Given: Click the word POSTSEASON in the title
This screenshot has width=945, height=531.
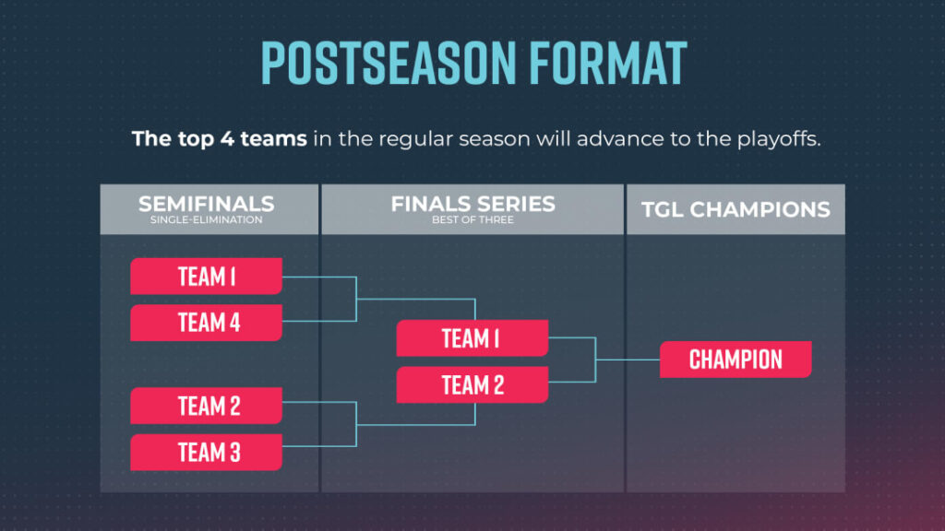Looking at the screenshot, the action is pyautogui.click(x=389, y=63).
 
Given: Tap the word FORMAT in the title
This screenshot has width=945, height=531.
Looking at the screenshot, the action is pyautogui.click(x=608, y=63).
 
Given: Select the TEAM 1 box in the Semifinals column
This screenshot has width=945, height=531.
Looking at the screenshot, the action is pyautogui.click(x=206, y=277).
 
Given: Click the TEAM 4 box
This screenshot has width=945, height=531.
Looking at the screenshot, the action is pyautogui.click(x=206, y=323).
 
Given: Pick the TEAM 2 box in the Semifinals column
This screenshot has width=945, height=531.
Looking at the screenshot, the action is pyautogui.click(x=206, y=406).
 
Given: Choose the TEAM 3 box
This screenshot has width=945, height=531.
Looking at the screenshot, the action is pyautogui.click(x=206, y=452).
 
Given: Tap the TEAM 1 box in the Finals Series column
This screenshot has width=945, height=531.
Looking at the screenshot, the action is pyautogui.click(x=472, y=337).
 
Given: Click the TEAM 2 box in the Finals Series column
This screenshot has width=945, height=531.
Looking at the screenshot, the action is pyautogui.click(x=472, y=384).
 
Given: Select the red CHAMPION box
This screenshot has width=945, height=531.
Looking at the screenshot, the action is pyautogui.click(x=736, y=360).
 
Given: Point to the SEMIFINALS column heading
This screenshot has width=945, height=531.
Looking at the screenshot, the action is pyautogui.click(x=206, y=204).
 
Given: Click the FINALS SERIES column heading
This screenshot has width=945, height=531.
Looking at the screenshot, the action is pyautogui.click(x=473, y=204).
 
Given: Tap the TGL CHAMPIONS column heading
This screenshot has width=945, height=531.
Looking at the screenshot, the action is pyautogui.click(x=736, y=209).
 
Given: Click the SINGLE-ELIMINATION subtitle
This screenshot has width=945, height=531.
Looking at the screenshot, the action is pyautogui.click(x=206, y=219).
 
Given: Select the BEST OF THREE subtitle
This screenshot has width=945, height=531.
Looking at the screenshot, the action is pyautogui.click(x=473, y=219).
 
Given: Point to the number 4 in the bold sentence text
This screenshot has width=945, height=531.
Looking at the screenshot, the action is pyautogui.click(x=227, y=139).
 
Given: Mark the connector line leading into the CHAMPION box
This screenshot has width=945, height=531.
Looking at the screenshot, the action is pyautogui.click(x=628, y=360).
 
